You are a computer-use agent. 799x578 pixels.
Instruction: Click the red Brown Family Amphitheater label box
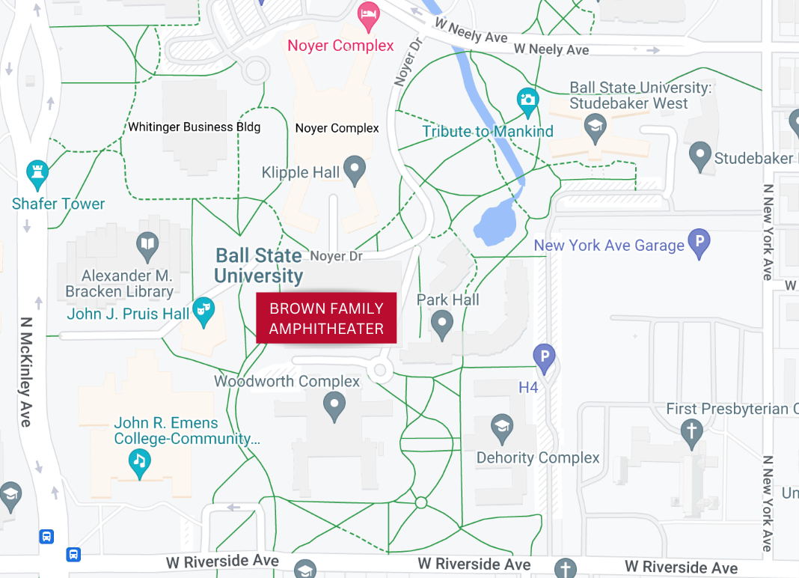pyautogui.click(x=326, y=318)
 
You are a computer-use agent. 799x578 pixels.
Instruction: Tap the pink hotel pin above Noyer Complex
pyautogui.click(x=367, y=14)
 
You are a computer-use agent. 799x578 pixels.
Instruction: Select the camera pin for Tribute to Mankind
pyautogui.click(x=528, y=100)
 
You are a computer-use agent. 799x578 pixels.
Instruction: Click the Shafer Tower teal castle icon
pyautogui.click(x=37, y=173)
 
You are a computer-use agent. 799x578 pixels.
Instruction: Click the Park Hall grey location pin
pyautogui.click(x=442, y=325)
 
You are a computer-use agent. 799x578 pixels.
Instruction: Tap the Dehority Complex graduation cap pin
pyautogui.click(x=502, y=428)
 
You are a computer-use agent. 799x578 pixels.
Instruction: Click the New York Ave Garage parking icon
pyautogui.click(x=699, y=243)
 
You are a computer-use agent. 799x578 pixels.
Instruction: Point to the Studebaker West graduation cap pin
pyautogui.click(x=595, y=125)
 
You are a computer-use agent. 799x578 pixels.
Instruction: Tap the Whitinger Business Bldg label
pyautogui.click(x=195, y=127)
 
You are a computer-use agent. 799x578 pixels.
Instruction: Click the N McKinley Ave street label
pyautogui.click(x=26, y=372)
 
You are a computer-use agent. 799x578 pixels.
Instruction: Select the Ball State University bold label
pyautogui.click(x=259, y=266)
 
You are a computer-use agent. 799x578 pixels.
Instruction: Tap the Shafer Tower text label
pyautogui.click(x=58, y=204)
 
